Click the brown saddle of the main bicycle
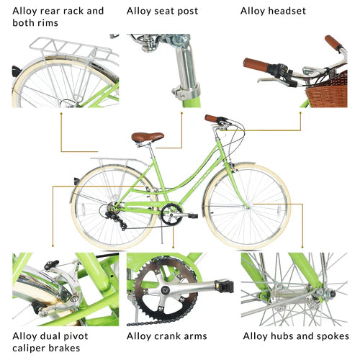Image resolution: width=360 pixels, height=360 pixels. point(147,137)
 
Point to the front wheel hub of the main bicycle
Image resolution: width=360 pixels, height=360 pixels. point(248,206)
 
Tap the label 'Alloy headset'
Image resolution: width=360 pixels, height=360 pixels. point(273,11)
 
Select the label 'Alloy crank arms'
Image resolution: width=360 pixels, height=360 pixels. point(166,336)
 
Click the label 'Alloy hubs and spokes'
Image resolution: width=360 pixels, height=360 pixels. point(296,336)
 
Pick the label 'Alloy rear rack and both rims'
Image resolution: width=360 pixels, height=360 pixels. point(58,17)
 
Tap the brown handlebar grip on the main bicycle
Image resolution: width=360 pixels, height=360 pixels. point(213,118)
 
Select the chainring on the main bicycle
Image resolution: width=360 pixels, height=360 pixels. point(171,213)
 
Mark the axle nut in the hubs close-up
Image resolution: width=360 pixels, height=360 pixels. point(317,294)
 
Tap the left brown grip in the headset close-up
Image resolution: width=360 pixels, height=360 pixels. point(256,66)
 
